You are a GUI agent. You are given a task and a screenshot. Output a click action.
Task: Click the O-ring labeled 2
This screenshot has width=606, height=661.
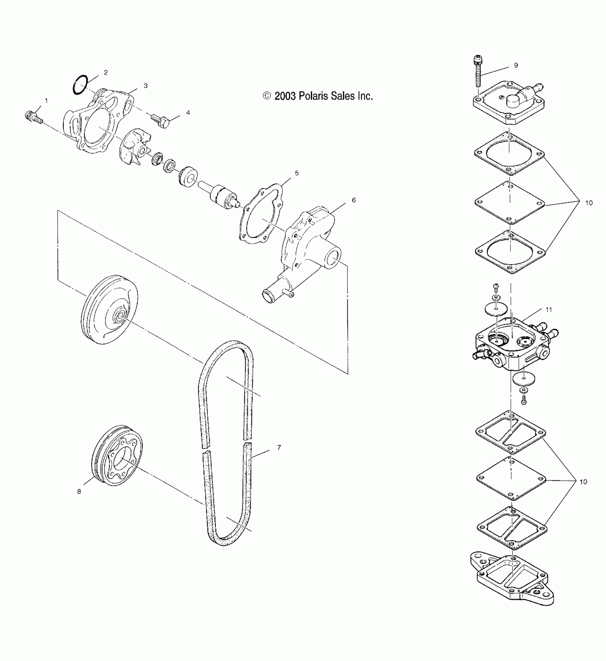80,85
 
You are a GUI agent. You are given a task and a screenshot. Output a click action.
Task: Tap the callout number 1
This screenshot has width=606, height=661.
46,101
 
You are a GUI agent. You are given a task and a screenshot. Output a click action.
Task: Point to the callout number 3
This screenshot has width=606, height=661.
145,86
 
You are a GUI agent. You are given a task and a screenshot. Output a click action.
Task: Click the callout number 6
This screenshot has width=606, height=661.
354,200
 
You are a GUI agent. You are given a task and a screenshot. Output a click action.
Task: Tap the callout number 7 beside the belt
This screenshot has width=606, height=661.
279,447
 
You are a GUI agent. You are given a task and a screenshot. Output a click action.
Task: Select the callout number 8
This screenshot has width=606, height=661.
79,491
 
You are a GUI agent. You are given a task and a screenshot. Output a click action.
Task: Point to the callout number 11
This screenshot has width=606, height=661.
549,309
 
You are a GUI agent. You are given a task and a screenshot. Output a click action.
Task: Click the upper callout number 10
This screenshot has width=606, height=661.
589,203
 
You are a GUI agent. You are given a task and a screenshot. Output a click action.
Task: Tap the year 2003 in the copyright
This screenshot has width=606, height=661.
285,96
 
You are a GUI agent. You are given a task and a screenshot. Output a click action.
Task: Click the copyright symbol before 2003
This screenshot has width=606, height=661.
267,96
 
